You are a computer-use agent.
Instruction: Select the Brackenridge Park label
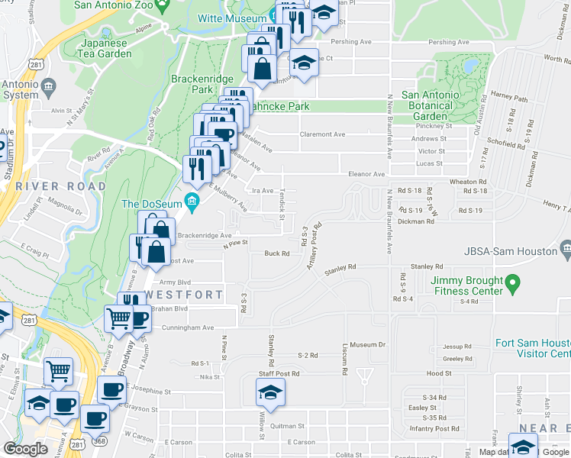tap(191, 84)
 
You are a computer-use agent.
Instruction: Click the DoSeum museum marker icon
tap(192, 203)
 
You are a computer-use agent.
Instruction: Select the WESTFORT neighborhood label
tap(185, 294)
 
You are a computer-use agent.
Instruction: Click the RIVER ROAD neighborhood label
tap(61, 186)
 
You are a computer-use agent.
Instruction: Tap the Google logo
tap(25, 449)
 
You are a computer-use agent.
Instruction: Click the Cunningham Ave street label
tap(187, 327)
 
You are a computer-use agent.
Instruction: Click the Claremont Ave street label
tap(322, 134)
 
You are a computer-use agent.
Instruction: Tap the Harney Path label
tap(510, 98)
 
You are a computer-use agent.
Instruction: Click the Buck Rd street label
tap(276, 253)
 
